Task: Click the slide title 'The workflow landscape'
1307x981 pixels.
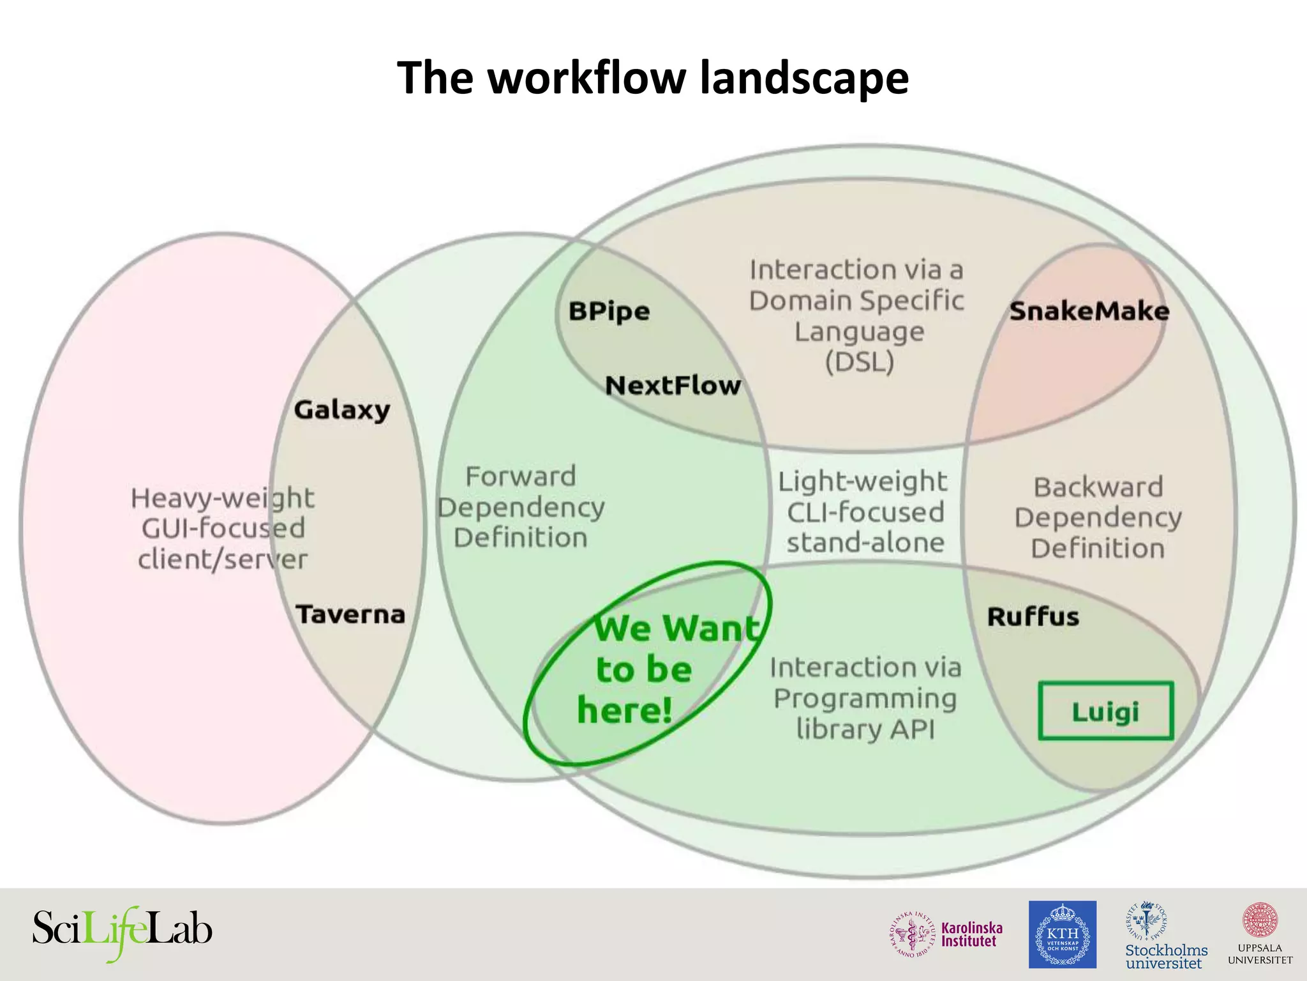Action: tap(653, 78)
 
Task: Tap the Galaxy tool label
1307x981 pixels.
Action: tap(342, 410)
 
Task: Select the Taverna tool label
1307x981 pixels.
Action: tap(350, 614)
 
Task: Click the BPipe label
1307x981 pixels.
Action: tap(609, 312)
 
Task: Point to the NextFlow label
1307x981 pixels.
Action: tap(673, 386)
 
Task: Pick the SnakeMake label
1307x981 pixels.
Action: tap(1089, 312)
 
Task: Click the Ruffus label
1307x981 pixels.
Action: tap(1033, 617)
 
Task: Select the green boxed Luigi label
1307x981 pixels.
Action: tap(1105, 711)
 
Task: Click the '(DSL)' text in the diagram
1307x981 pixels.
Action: tap(859, 362)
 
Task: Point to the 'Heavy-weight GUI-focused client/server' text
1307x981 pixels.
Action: tap(223, 528)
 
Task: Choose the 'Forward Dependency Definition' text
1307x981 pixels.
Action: tap(521, 507)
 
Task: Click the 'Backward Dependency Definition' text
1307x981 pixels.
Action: tap(1098, 517)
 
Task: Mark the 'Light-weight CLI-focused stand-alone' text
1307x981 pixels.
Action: tap(864, 512)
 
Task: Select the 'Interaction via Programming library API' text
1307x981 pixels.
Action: tap(865, 698)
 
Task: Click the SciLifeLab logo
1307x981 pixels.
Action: tap(122, 932)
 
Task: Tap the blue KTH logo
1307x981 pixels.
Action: tap(1062, 934)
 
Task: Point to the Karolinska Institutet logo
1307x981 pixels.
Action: tap(947, 934)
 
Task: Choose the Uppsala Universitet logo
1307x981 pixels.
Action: tap(1260, 934)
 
